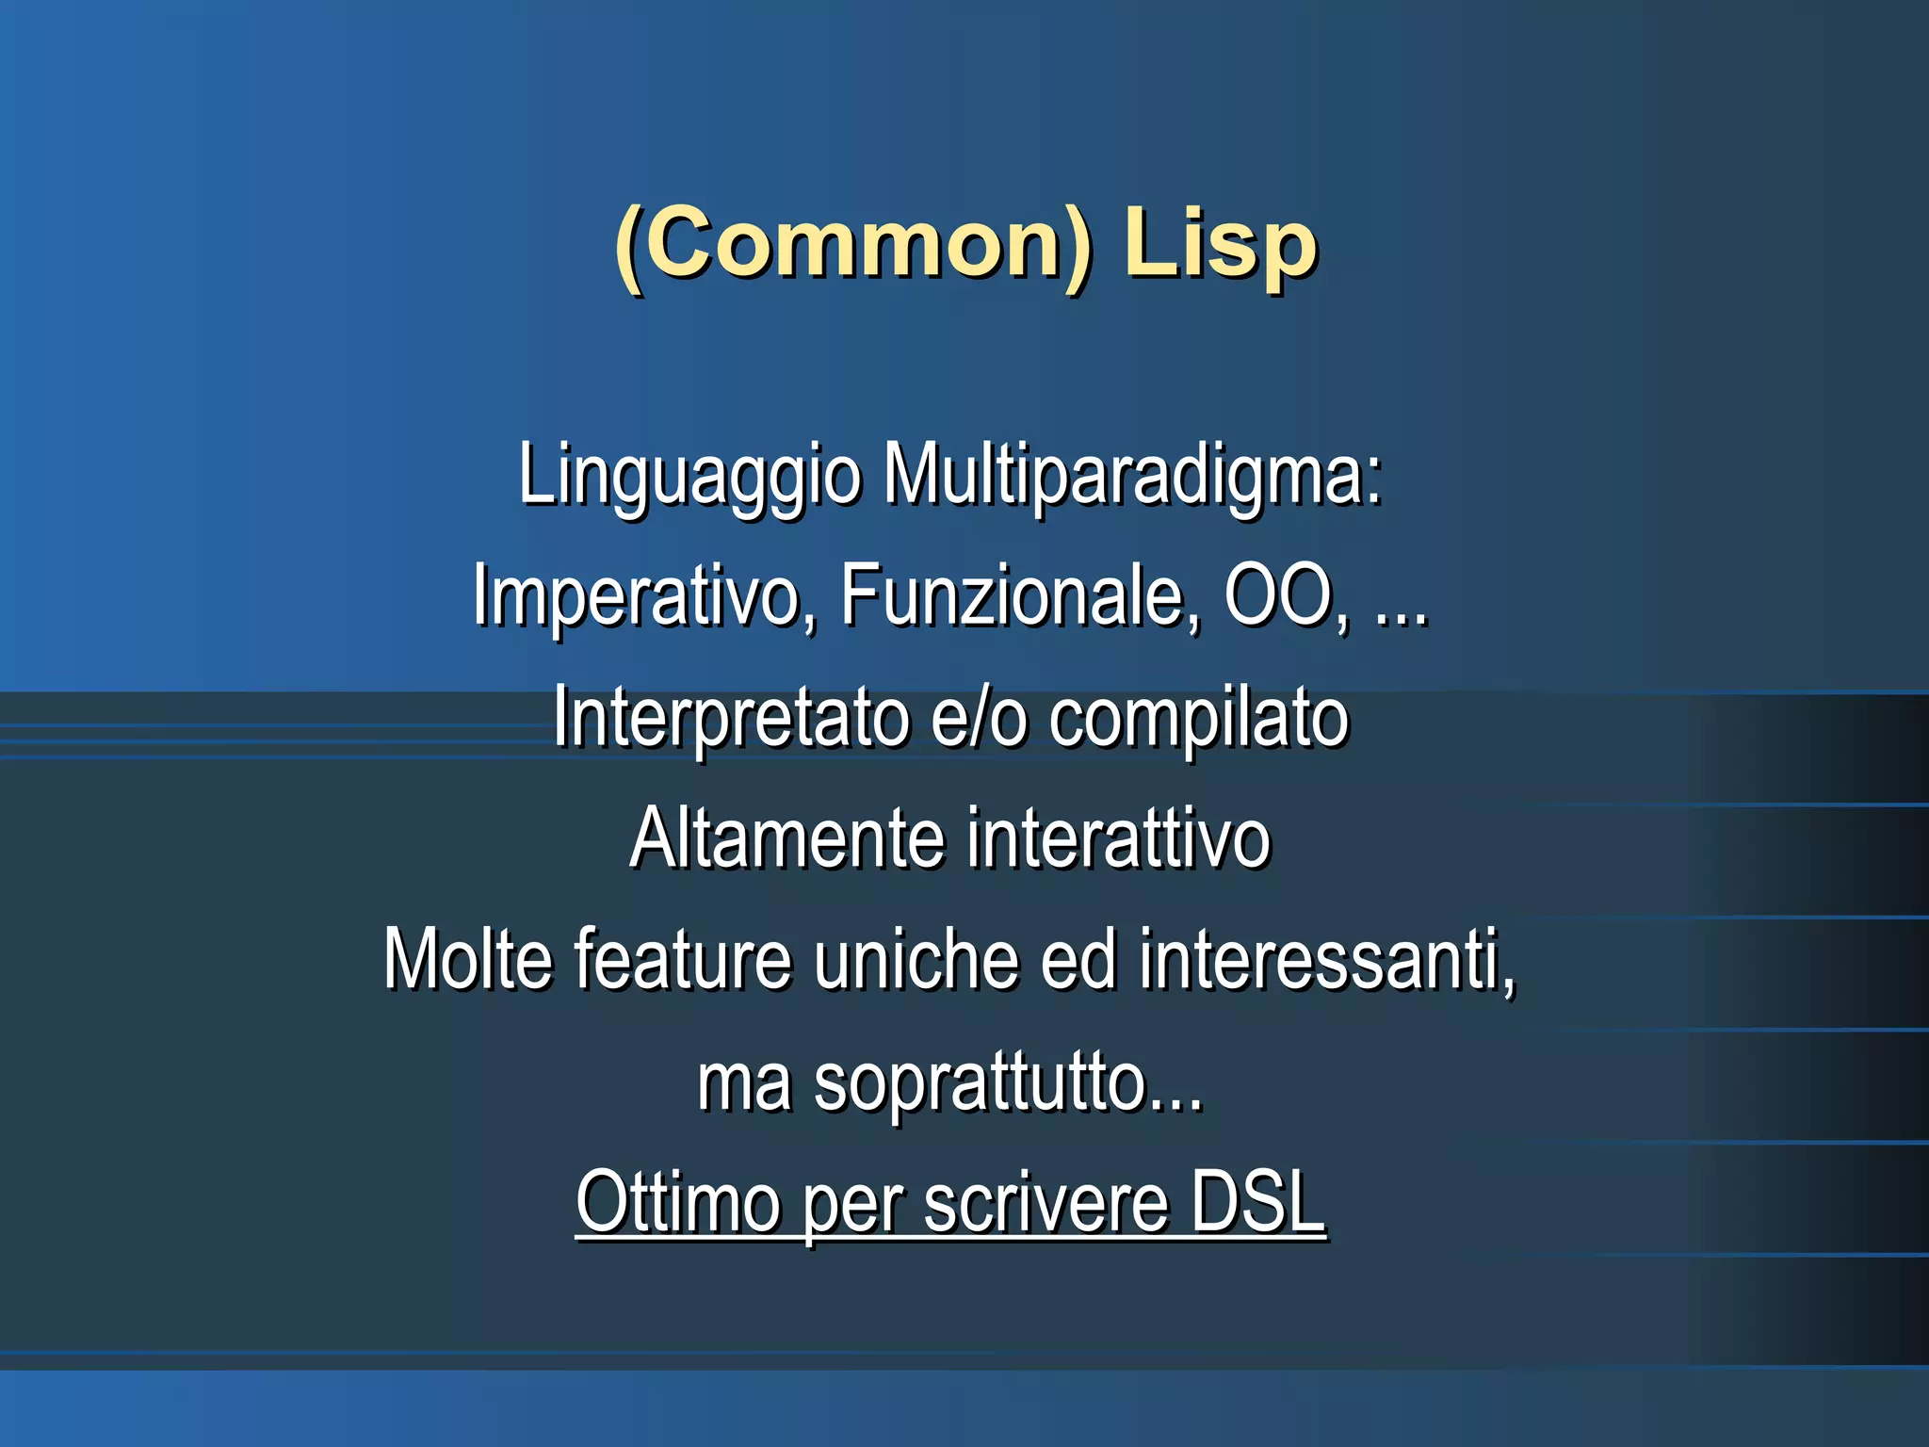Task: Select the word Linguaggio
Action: pyautogui.click(x=689, y=476)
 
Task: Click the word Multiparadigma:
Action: pyautogui.click(x=1133, y=476)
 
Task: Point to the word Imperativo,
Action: pyautogui.click(x=645, y=596)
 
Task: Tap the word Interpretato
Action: pyautogui.click(x=730, y=718)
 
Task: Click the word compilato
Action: pyautogui.click(x=1198, y=718)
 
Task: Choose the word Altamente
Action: pyautogui.click(x=787, y=838)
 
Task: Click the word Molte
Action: pyautogui.click(x=468, y=959)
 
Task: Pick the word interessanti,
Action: pyautogui.click(x=1328, y=959)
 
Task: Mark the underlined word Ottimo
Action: pyautogui.click(x=678, y=1202)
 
